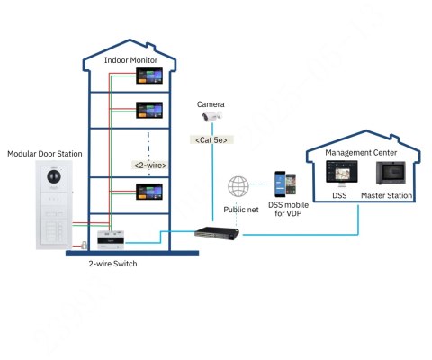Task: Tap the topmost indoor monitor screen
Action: coord(148,78)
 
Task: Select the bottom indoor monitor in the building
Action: coord(148,192)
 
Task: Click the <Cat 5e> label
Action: coord(212,139)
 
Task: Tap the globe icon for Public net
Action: coord(239,187)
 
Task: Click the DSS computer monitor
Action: coord(338,175)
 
